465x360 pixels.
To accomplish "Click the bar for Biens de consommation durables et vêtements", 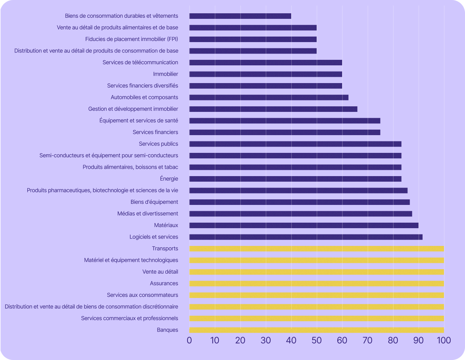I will click(x=240, y=16).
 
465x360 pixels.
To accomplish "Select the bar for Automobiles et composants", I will click(x=269, y=97).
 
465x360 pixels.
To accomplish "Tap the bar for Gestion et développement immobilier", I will click(x=273, y=109).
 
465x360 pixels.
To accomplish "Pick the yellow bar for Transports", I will click(x=317, y=248).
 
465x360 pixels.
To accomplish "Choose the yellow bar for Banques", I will click(x=317, y=330).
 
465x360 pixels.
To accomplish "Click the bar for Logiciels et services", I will click(x=306, y=237).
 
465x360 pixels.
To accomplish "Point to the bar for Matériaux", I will click(x=304, y=225).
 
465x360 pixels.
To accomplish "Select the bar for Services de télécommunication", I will click(x=266, y=62).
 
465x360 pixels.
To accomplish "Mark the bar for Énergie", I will click(x=295, y=179).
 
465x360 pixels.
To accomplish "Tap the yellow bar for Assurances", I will click(x=317, y=284).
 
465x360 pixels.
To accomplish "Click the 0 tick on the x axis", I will click(x=189, y=340).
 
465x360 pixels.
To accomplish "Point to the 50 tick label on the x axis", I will click(x=317, y=340).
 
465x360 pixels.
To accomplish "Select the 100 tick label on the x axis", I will click(x=444, y=340).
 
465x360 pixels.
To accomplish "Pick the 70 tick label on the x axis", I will click(x=368, y=340).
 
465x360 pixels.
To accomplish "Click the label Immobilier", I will click(x=165, y=74).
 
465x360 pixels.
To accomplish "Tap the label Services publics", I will click(x=158, y=144).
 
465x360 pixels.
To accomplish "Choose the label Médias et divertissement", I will click(x=148, y=213).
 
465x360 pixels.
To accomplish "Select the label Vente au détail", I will click(x=160, y=272).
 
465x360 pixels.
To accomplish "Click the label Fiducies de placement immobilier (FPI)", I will click(x=131, y=39).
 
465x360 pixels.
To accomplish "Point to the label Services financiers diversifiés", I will click(x=142, y=86).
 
